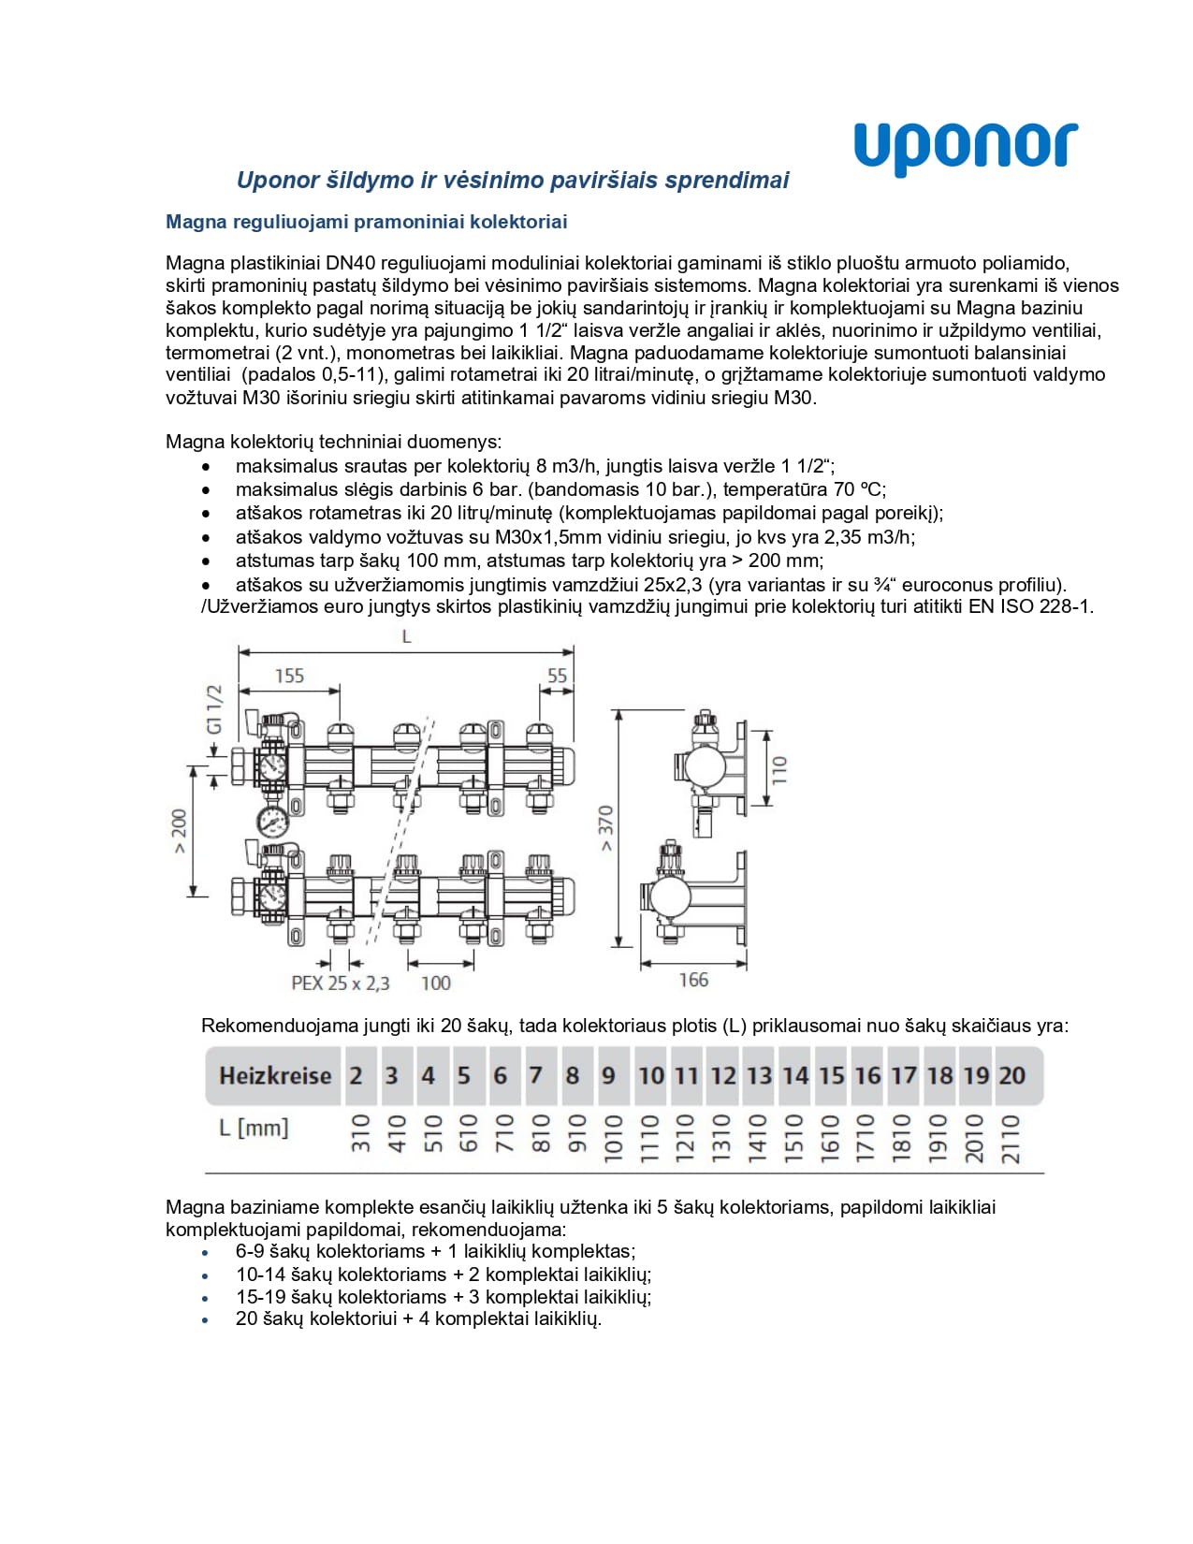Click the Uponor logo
coord(966,148)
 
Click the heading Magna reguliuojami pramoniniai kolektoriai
coord(366,222)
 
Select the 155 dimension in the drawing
coord(289,676)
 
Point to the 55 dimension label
coord(557,676)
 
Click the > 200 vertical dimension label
coord(179,831)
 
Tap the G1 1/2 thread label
coord(214,709)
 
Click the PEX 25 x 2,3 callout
coord(341,983)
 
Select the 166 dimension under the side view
coord(693,980)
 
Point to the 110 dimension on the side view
coord(779,769)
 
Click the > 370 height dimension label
coord(605,827)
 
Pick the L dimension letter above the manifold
coord(406,637)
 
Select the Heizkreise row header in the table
coord(274,1076)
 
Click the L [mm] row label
coord(254,1128)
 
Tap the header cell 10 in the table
coord(650,1076)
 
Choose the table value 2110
coord(1011,1138)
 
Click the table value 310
coord(360,1133)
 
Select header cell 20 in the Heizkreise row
coord(1011,1076)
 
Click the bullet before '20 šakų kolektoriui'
coord(206,1320)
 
